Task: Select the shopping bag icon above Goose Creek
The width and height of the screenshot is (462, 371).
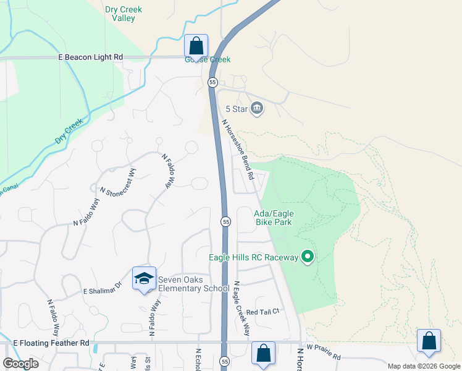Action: click(x=196, y=45)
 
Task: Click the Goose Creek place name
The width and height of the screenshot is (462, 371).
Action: click(x=208, y=60)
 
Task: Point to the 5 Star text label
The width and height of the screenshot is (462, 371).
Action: click(x=236, y=109)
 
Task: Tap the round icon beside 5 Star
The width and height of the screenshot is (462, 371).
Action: click(x=258, y=109)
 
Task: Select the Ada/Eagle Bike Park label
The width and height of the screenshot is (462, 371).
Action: click(x=274, y=218)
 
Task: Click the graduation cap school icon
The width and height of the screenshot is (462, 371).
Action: click(x=143, y=278)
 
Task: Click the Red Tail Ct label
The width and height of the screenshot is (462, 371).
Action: click(x=262, y=312)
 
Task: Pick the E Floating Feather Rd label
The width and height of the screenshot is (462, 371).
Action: click(x=51, y=343)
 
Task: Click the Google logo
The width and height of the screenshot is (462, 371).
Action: click(x=21, y=364)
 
